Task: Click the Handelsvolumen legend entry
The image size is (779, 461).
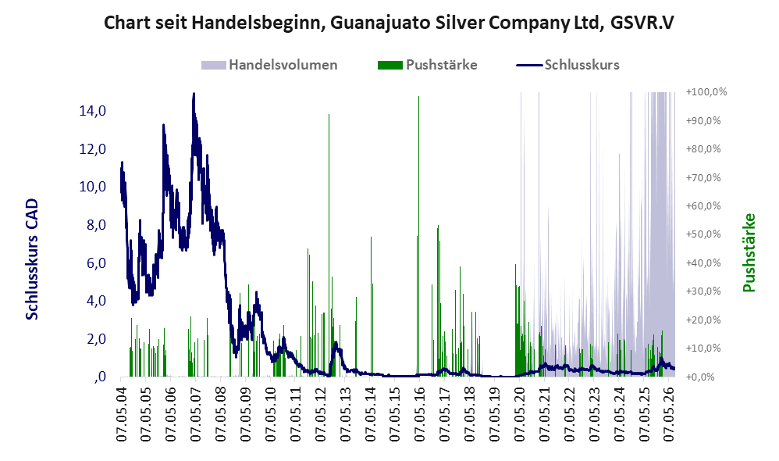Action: click(x=269, y=65)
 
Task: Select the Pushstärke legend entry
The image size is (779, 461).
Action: click(x=427, y=65)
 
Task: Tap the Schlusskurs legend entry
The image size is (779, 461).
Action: click(x=567, y=65)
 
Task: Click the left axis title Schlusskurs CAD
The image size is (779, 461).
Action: click(x=32, y=259)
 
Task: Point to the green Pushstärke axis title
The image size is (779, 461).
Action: click(x=749, y=252)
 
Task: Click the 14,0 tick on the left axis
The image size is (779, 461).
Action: click(x=93, y=111)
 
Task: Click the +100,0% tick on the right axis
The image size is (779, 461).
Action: click(x=706, y=92)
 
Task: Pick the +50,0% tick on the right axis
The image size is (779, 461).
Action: click(x=703, y=234)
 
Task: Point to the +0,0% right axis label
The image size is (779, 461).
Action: click(x=700, y=377)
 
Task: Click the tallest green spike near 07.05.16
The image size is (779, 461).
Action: click(x=419, y=236)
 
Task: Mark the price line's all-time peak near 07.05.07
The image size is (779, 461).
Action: click(x=194, y=94)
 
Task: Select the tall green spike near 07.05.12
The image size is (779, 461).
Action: click(x=329, y=245)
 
